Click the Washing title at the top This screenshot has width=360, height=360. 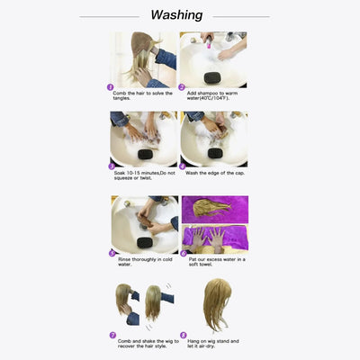point(176,15)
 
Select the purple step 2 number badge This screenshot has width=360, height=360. point(184,88)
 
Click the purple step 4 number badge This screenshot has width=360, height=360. point(184,166)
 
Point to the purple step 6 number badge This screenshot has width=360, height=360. point(184,254)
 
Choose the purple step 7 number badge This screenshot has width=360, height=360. point(114,334)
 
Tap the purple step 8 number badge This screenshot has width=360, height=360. point(184,334)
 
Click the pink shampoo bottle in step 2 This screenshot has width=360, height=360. point(208,40)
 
